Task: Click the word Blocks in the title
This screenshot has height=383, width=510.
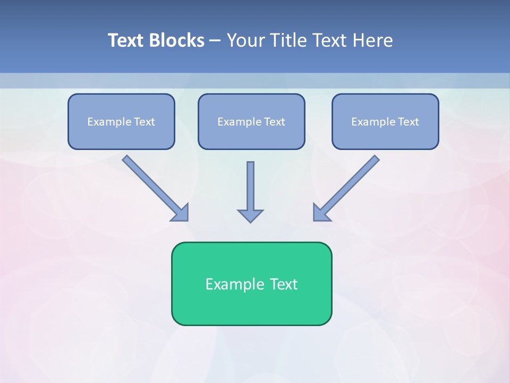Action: pyautogui.click(x=177, y=40)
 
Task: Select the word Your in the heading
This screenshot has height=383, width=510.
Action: pyautogui.click(x=245, y=40)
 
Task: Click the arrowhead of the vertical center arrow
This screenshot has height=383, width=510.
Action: pyautogui.click(x=250, y=215)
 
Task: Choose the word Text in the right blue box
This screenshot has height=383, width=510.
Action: pyautogui.click(x=409, y=122)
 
